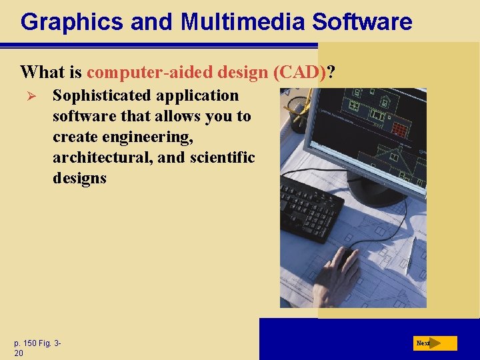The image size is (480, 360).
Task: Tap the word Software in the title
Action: coord(363,22)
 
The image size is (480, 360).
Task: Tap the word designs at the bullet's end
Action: coord(79,178)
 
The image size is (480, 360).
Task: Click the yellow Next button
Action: coord(435,343)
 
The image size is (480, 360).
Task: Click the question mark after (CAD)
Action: coord(331,71)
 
